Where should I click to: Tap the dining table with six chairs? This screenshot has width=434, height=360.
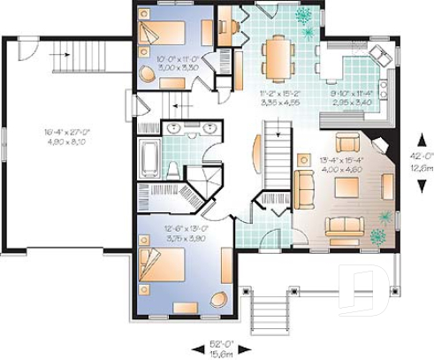tap(278, 56)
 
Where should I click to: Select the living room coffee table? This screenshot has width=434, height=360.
tap(344, 187)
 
